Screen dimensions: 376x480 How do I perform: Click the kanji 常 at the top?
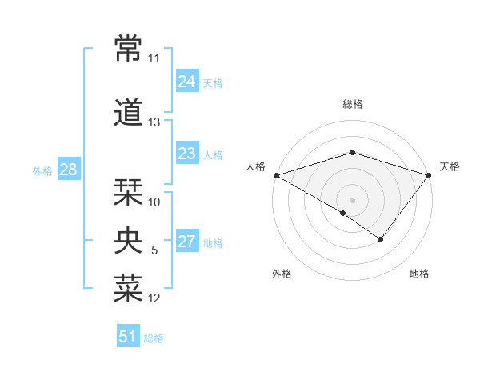pyautogui.click(x=129, y=49)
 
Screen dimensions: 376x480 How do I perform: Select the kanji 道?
pyautogui.click(x=129, y=112)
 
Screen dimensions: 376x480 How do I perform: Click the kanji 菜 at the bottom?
pyautogui.click(x=129, y=289)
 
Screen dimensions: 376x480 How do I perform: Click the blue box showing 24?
pyautogui.click(x=187, y=81)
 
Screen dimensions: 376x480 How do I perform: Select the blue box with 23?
pyautogui.click(x=187, y=154)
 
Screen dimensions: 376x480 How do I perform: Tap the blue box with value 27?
pyautogui.click(x=187, y=242)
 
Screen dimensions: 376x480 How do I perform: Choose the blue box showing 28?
pyautogui.click(x=68, y=170)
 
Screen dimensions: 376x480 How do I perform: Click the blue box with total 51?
pyautogui.click(x=128, y=337)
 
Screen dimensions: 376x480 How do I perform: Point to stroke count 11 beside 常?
pyautogui.click(x=154, y=59)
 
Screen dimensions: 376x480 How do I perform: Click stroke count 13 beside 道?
pyautogui.click(x=154, y=122)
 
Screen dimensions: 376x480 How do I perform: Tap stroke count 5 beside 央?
pyautogui.click(x=154, y=250)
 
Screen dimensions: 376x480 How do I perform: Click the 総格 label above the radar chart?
pyautogui.click(x=352, y=104)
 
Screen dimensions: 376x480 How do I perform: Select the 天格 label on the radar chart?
pyautogui.click(x=450, y=166)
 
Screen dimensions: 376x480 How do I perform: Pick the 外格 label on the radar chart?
pyautogui.click(x=282, y=274)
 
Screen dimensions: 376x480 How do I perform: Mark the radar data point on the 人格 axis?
pyautogui.click(x=276, y=174)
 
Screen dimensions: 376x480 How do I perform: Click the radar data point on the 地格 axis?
pyautogui.click(x=381, y=239)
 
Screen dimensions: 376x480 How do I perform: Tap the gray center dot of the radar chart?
pyautogui.click(x=352, y=199)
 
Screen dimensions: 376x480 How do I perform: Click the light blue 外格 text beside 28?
pyautogui.click(x=42, y=170)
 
